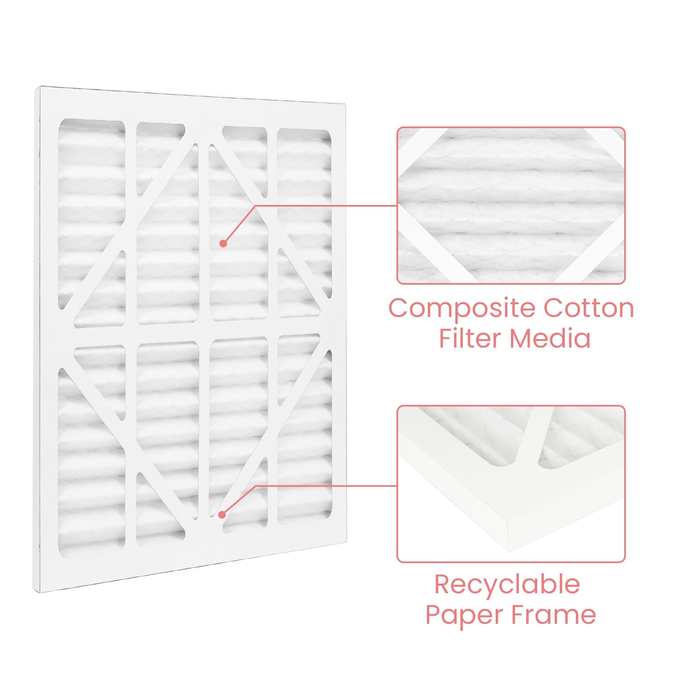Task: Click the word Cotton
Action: (589, 308)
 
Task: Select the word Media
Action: (550, 338)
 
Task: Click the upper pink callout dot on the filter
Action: (223, 243)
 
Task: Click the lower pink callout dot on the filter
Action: (222, 515)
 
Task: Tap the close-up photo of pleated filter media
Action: (511, 205)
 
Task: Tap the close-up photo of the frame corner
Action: (511, 484)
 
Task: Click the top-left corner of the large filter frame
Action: (40, 87)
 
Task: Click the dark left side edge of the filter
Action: (36, 339)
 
